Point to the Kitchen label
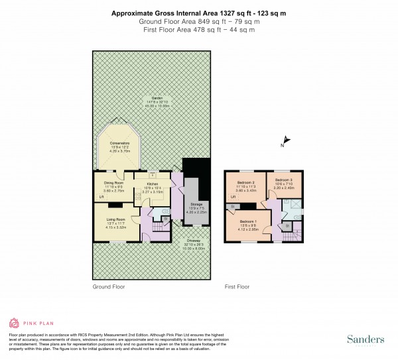tap(152, 183)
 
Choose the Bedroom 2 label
tap(245, 182)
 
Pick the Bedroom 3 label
tap(283, 180)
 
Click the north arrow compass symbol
tap(283, 140)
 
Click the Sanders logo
tap(366, 339)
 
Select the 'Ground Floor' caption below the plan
tap(109, 287)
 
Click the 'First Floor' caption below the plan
tap(237, 287)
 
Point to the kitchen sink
tap(152, 175)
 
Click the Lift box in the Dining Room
tap(101, 197)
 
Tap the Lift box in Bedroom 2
tap(233, 197)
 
